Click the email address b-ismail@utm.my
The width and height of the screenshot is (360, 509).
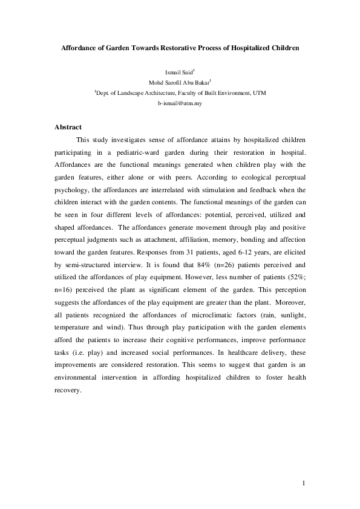tap(180, 103)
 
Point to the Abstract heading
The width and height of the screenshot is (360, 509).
tap(68, 127)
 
